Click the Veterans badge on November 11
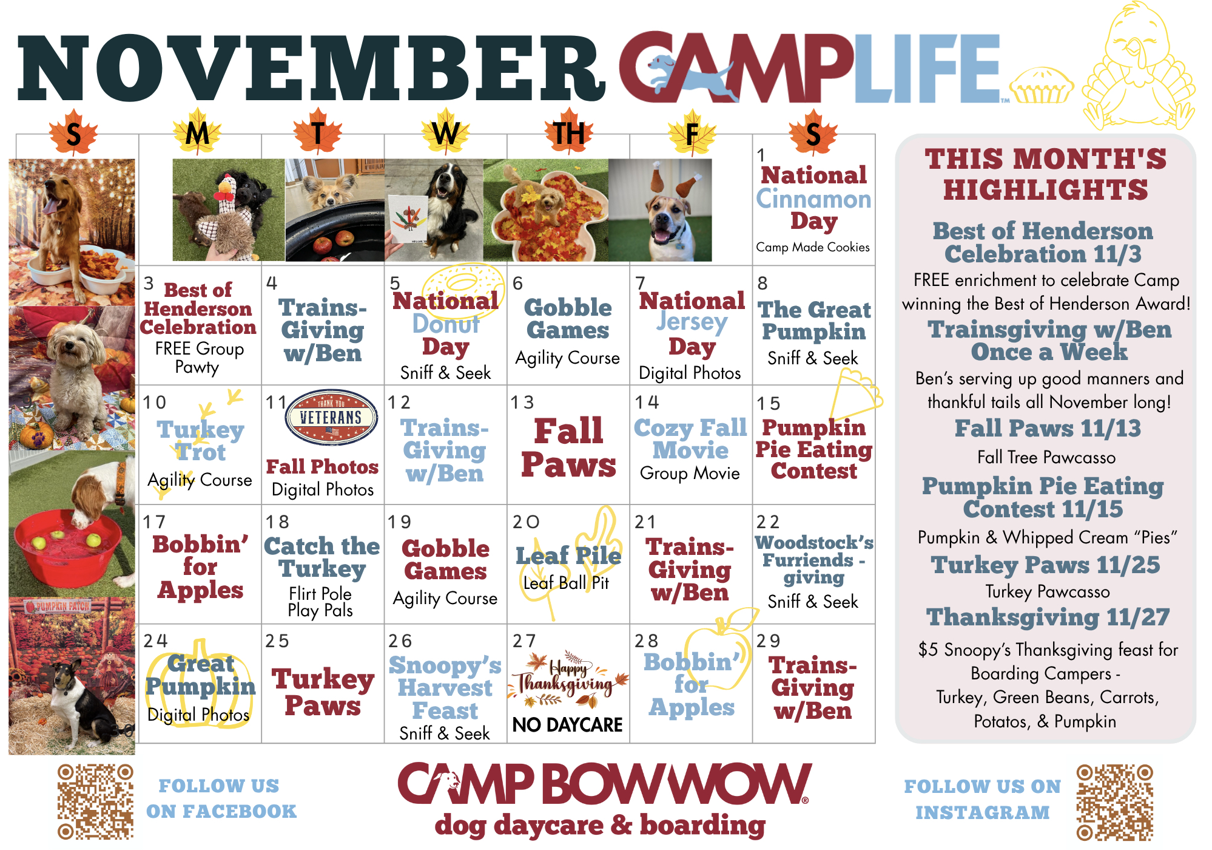332,418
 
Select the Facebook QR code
95,801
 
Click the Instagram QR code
1115,802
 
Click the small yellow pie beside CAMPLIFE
1041,86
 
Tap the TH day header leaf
568,133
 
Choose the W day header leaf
446,132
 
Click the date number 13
522,403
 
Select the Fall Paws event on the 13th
568,448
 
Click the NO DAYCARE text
568,724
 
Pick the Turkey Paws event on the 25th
323,692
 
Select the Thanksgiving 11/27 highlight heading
1048,617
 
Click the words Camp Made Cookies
813,247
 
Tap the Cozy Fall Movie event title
690,439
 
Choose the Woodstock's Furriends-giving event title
814,560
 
